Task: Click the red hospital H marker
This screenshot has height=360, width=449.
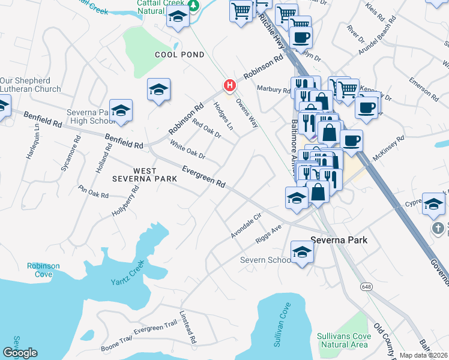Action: [x=228, y=86]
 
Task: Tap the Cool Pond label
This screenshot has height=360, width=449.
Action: [x=179, y=55]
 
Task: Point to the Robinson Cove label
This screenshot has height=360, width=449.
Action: [x=43, y=270]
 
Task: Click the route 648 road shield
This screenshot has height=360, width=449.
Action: [x=366, y=287]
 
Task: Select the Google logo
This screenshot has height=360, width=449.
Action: [x=20, y=353]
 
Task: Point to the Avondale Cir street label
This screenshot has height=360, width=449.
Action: [x=247, y=226]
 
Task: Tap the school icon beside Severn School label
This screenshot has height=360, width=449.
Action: [x=302, y=253]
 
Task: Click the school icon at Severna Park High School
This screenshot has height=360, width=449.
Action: [x=121, y=111]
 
